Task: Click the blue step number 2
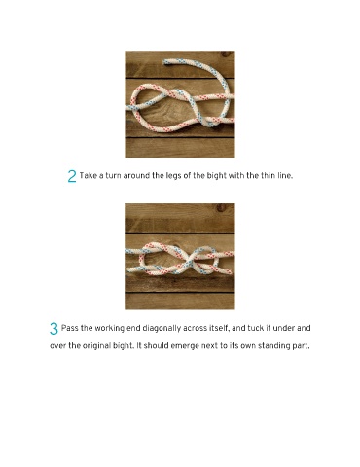click(x=72, y=176)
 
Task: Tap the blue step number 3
click(x=54, y=329)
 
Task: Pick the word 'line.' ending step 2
click(x=285, y=176)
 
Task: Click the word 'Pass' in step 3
click(x=70, y=328)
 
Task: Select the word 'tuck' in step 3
click(x=256, y=328)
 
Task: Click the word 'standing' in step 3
click(x=275, y=346)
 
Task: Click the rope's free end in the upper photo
click(x=165, y=61)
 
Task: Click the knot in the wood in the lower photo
click(x=221, y=207)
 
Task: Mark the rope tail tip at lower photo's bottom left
click(x=128, y=270)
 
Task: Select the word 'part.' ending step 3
click(x=302, y=346)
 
